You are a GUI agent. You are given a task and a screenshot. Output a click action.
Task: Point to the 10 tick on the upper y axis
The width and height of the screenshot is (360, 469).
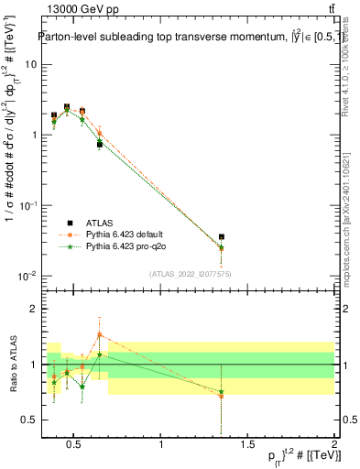click(x=30, y=64)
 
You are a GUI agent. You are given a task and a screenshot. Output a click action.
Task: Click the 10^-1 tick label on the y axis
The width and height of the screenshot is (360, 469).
click(x=27, y=205)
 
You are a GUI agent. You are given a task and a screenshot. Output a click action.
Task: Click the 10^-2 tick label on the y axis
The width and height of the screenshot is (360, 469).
click(x=27, y=276)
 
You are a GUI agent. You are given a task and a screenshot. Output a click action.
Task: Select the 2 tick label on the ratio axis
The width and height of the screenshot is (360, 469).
click(x=33, y=309)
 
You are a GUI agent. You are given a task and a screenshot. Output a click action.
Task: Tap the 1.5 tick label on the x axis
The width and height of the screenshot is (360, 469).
click(x=248, y=445)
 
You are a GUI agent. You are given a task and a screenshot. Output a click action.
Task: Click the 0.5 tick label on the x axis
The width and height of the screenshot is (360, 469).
click(x=75, y=445)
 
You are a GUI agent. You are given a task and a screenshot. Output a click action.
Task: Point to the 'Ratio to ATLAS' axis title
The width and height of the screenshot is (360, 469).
click(x=12, y=364)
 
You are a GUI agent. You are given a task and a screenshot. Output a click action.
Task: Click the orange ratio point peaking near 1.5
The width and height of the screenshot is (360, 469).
click(x=99, y=334)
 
